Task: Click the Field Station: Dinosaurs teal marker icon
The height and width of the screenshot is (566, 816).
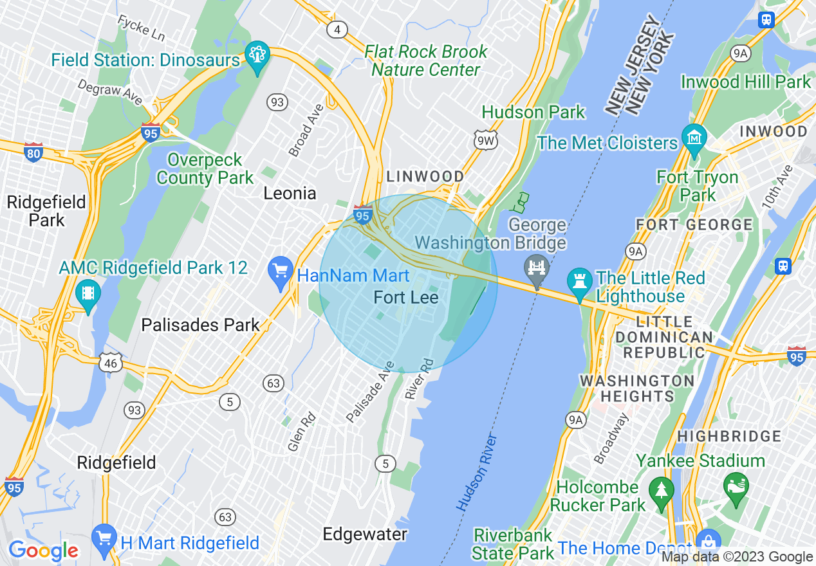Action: pyautogui.click(x=257, y=57)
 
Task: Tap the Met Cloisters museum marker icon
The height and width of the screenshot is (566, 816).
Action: pyautogui.click(x=694, y=138)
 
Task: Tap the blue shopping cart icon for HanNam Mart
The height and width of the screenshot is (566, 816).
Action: pyautogui.click(x=281, y=271)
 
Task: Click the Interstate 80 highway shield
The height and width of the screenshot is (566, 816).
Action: pyautogui.click(x=33, y=152)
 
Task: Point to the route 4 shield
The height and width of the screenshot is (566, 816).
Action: pyautogui.click(x=335, y=29)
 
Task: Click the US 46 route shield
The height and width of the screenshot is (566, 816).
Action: pyautogui.click(x=110, y=362)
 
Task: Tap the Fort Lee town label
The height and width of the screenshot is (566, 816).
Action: pyautogui.click(x=406, y=297)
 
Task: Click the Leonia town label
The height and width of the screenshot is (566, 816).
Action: pyautogui.click(x=290, y=193)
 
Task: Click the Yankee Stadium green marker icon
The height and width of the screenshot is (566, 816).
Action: pyautogui.click(x=736, y=484)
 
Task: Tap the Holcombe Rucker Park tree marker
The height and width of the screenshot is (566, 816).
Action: pyautogui.click(x=661, y=489)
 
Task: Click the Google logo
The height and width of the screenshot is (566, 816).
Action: pyautogui.click(x=43, y=551)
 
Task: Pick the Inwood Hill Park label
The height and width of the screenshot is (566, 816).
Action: pyautogui.click(x=746, y=82)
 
